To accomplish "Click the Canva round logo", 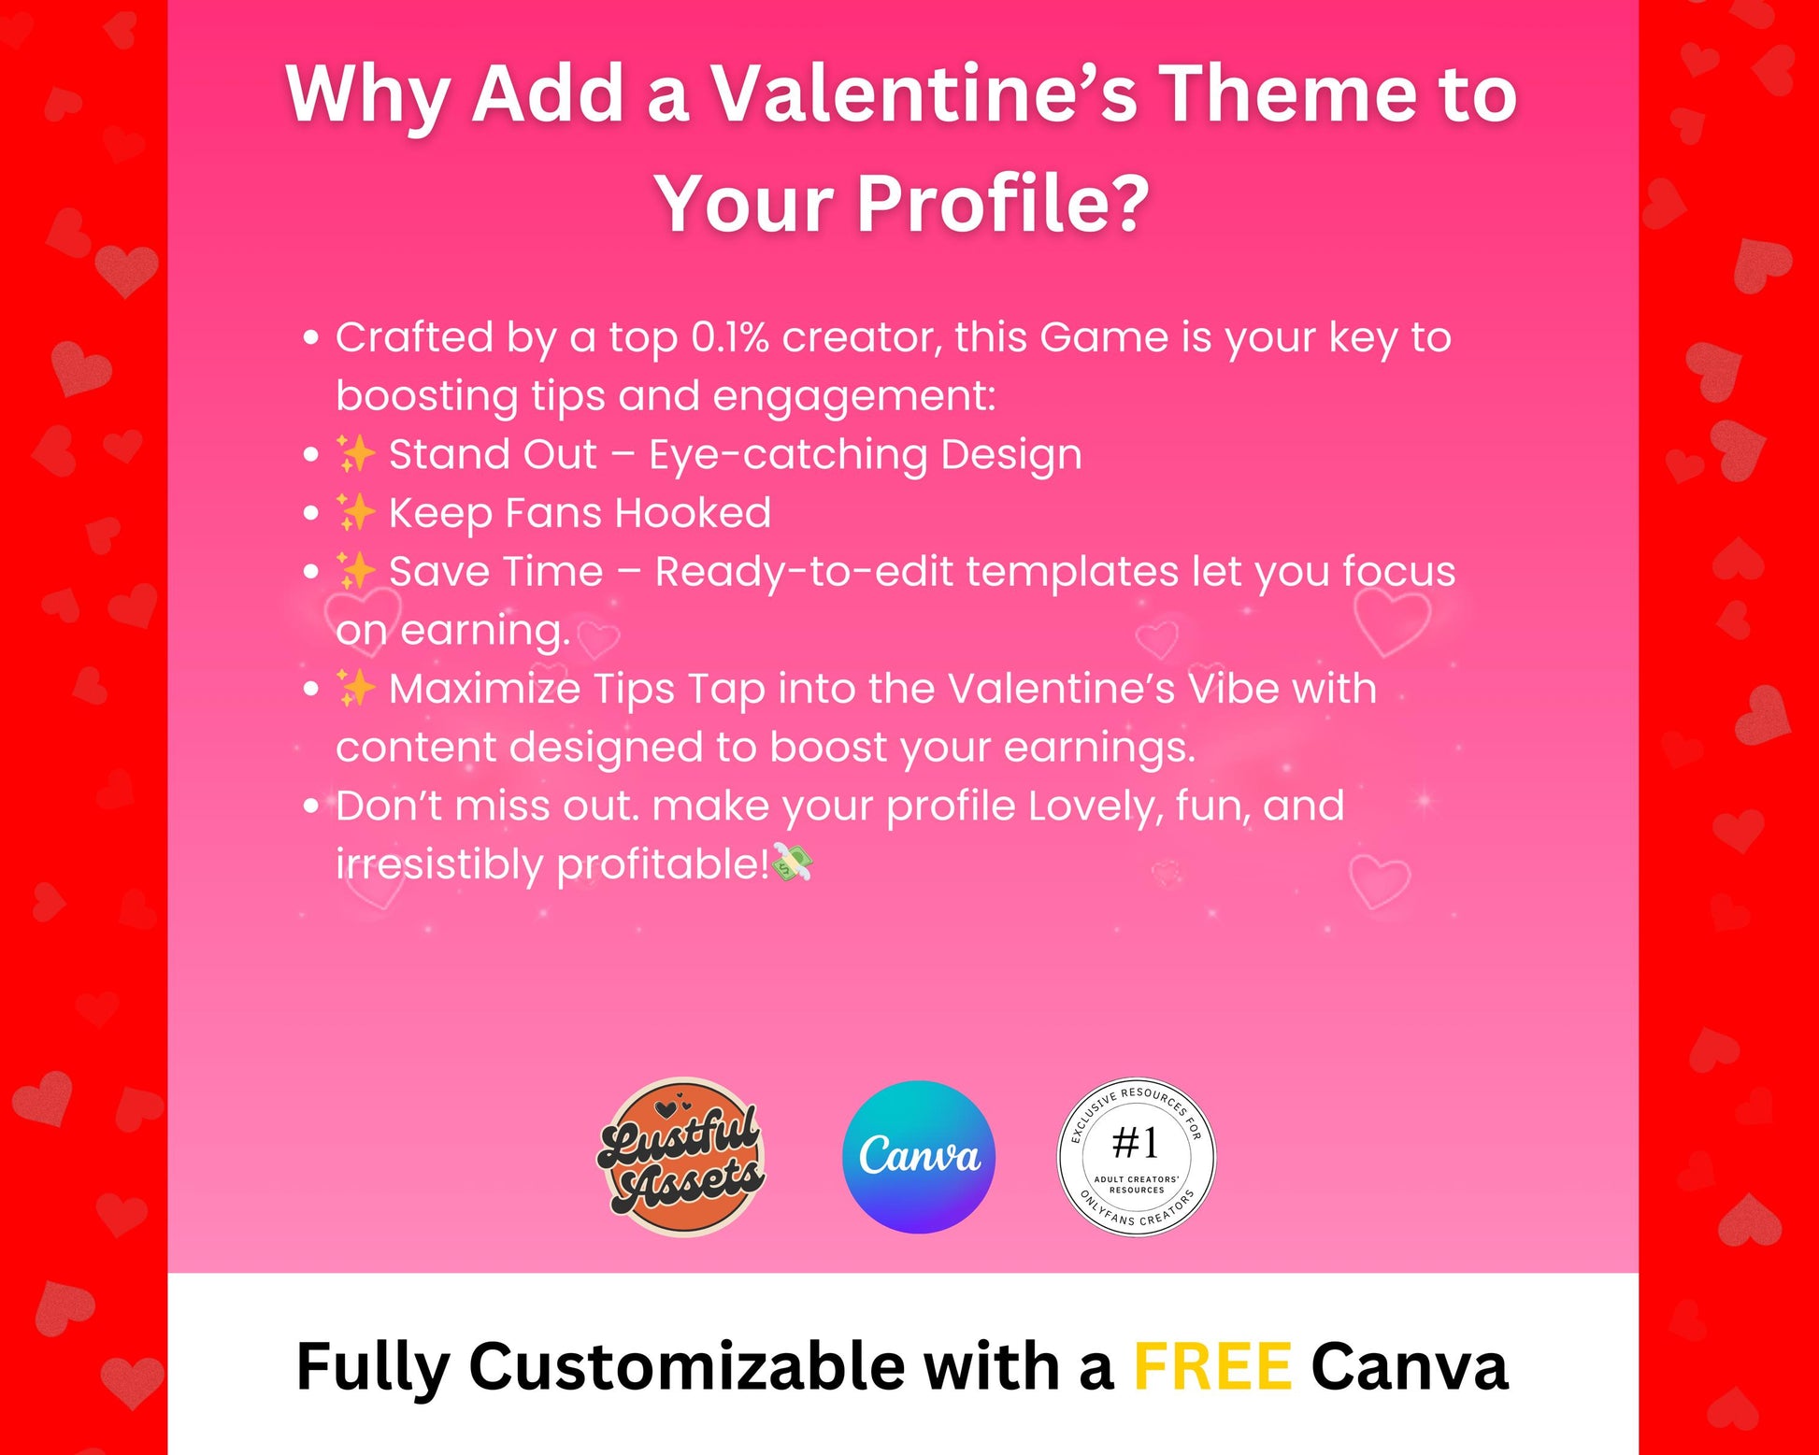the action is (x=919, y=1157).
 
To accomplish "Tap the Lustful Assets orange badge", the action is (x=681, y=1157).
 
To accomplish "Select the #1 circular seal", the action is (x=1136, y=1157).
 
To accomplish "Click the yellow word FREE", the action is (x=1212, y=1366).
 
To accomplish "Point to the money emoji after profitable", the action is (x=793, y=863).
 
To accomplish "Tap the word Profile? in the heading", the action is (x=1002, y=204).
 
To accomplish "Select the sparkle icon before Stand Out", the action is (x=355, y=455).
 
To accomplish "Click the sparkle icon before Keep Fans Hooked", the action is (x=355, y=513).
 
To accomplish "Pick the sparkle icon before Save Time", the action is (x=355, y=572).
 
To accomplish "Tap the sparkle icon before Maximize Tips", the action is (x=355, y=689).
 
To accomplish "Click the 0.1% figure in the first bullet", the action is (x=730, y=337).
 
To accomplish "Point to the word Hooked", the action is (x=693, y=513).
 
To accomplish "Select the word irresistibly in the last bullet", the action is (x=439, y=864).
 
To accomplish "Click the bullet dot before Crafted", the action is (x=311, y=337).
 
